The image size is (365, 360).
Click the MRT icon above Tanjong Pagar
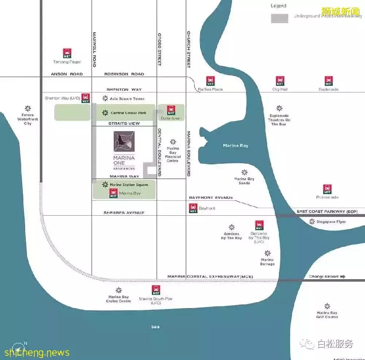(x=67, y=53)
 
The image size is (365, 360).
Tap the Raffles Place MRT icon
(x=210, y=81)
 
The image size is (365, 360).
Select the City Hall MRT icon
(x=280, y=81)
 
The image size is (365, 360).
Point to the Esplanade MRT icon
(x=328, y=81)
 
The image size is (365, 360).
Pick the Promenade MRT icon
(x=327, y=189)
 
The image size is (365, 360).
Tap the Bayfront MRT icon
(x=193, y=208)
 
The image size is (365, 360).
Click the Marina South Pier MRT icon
(x=156, y=290)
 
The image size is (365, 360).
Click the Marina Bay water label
(x=235, y=145)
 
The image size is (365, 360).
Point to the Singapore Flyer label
(x=331, y=222)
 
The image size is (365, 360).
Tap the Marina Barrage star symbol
(x=268, y=253)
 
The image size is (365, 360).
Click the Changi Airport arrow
(x=342, y=277)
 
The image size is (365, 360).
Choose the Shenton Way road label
(x=124, y=90)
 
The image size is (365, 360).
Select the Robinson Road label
(x=124, y=74)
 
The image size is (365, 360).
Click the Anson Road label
(x=67, y=74)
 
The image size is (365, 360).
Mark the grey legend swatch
(x=280, y=18)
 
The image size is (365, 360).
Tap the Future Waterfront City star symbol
(x=28, y=109)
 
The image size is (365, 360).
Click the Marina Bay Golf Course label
(x=327, y=315)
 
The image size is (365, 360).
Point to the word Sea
(x=155, y=327)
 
